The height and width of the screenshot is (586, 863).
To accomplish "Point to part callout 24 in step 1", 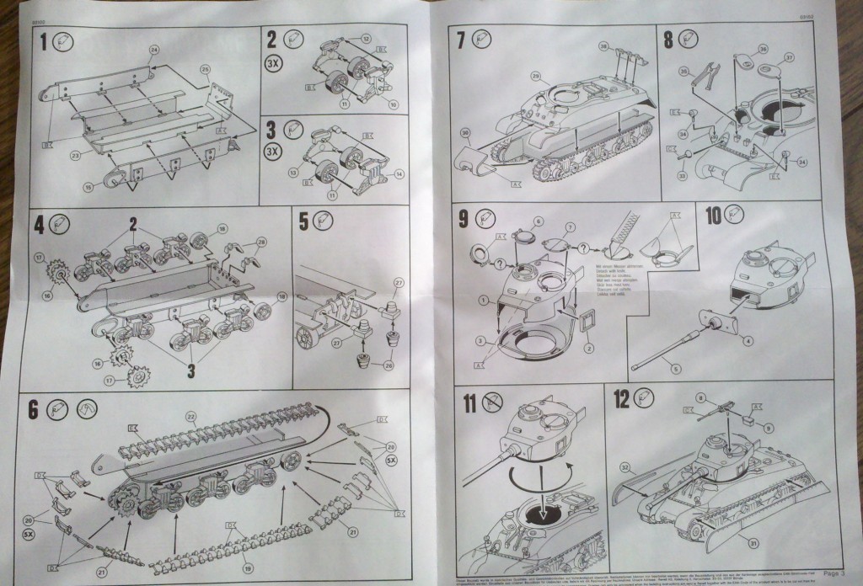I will pos(154,50).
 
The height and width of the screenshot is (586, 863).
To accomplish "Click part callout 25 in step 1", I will pos(205,67).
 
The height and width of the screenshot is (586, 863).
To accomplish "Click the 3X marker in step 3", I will pos(274,152).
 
